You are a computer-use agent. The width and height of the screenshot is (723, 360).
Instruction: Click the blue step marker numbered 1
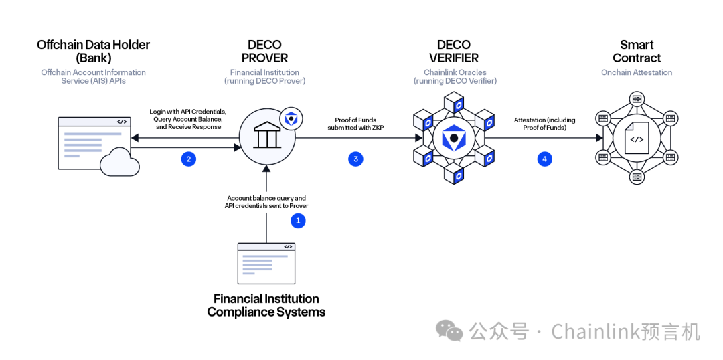tap(298, 220)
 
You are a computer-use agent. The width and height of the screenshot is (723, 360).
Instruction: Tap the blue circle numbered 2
tap(189, 159)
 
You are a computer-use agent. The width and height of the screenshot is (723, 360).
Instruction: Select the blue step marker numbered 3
tap(355, 159)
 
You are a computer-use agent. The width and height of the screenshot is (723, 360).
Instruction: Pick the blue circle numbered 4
tap(544, 159)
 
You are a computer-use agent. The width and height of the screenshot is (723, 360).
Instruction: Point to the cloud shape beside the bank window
tap(119, 163)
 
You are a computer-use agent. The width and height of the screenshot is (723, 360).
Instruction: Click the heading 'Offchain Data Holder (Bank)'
tap(94, 52)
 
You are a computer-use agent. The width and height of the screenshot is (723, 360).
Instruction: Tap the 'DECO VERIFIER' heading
tap(454, 52)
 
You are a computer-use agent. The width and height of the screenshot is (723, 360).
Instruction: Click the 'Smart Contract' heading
tap(637, 52)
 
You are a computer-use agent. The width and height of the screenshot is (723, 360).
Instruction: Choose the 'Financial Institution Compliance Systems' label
tap(266, 305)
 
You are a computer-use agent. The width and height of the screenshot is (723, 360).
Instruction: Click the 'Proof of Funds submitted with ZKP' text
tap(355, 124)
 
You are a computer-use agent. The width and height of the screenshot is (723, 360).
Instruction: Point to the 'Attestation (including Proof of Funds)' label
tap(544, 124)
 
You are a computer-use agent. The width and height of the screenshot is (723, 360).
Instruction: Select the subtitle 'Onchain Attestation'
tap(637, 72)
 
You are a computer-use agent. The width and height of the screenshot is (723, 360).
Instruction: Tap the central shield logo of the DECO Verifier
tap(454, 139)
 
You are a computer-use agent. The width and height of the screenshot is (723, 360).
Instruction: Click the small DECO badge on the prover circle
tap(291, 118)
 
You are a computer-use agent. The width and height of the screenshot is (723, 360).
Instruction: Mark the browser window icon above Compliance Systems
tap(266, 263)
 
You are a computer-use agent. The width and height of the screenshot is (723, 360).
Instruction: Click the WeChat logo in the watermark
tap(449, 331)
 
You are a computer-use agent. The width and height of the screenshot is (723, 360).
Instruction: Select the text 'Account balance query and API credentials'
tap(266, 202)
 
